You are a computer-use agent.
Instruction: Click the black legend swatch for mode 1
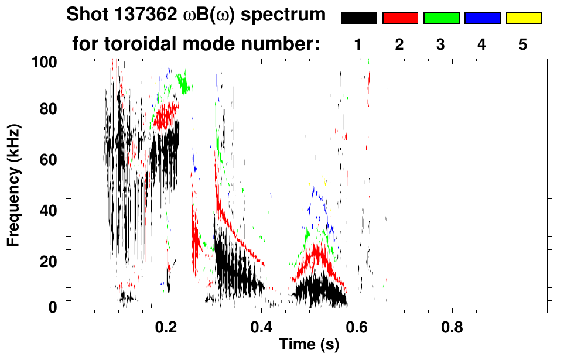pyautogui.click(x=359, y=18)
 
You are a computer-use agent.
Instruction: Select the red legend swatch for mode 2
pyautogui.click(x=400, y=18)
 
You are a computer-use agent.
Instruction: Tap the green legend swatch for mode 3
pyautogui.click(x=441, y=18)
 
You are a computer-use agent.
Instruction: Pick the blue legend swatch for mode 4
pyautogui.click(x=482, y=18)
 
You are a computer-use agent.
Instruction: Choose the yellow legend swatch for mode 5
pyautogui.click(x=524, y=18)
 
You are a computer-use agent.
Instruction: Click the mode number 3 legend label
pyautogui.click(x=441, y=44)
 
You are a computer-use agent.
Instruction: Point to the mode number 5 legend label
pyautogui.click(x=524, y=44)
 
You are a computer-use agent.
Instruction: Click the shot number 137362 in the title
pyautogui.click(x=145, y=15)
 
